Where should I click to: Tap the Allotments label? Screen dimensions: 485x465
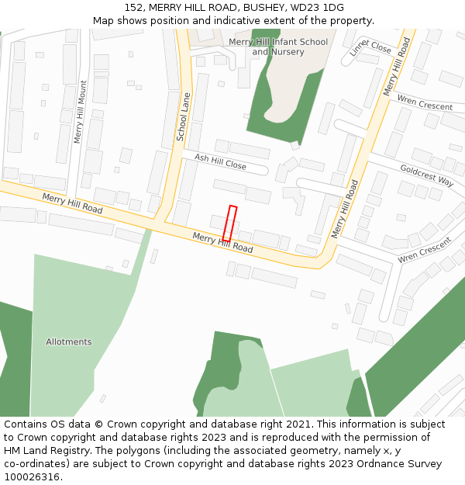pyautogui.click(x=68, y=342)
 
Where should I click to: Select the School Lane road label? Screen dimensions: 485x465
pyautogui.click(x=184, y=116)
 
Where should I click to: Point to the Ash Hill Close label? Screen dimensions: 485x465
pyautogui.click(x=220, y=161)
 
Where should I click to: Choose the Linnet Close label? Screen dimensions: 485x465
pyautogui.click(x=370, y=47)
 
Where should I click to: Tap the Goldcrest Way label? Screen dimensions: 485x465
pyautogui.click(x=426, y=175)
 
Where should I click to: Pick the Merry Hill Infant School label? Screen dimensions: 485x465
pyautogui.click(x=278, y=41)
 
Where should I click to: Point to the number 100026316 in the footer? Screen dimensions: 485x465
pyautogui.click(x=32, y=477)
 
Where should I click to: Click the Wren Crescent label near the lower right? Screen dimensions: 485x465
pyautogui.click(x=424, y=250)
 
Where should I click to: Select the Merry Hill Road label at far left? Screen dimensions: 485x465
pyautogui.click(x=72, y=204)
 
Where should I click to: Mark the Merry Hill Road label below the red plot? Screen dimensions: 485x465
pyautogui.click(x=222, y=243)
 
